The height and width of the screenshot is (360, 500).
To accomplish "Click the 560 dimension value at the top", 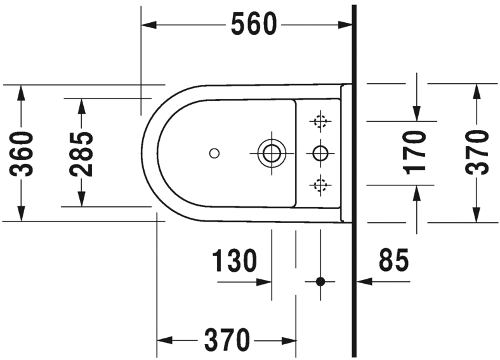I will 254,25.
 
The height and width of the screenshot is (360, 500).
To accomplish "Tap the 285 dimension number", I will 81,153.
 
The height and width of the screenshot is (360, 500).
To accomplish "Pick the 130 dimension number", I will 234,260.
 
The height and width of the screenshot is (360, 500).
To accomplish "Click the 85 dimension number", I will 394,260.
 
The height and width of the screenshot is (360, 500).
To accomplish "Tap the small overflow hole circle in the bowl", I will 214,152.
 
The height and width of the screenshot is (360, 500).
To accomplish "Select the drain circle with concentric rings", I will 272,152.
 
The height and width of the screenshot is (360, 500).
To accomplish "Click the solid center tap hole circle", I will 320,152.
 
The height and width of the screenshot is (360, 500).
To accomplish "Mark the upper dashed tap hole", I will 320,120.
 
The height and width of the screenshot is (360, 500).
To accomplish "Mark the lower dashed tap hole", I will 320,185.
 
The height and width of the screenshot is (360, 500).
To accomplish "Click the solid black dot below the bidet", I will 320,281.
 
